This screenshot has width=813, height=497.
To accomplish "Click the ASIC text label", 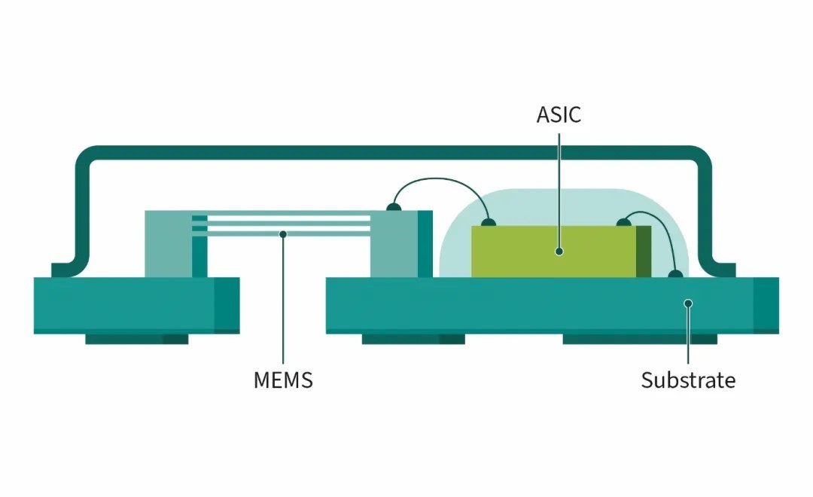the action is point(559,114).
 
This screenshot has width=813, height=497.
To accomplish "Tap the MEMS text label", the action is point(283,380).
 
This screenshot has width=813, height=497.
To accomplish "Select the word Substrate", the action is point(688,380).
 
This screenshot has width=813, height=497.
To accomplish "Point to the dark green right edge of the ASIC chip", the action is point(644,252).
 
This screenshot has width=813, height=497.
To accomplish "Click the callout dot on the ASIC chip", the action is point(559,252).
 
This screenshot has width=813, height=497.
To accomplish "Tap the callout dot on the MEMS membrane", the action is point(283,234).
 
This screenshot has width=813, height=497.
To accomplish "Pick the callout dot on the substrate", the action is point(688,303).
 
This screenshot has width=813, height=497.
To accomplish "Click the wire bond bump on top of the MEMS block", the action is point(394,207).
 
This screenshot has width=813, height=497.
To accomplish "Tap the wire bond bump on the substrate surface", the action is point(675,273).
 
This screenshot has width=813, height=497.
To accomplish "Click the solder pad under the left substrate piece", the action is point(137,339).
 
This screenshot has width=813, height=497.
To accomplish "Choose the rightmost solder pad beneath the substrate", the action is point(640,339).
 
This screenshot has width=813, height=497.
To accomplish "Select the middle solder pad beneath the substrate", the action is point(413,339).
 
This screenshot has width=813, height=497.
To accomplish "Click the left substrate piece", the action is point(137,306).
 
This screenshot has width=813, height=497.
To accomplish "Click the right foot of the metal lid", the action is point(724,270).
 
